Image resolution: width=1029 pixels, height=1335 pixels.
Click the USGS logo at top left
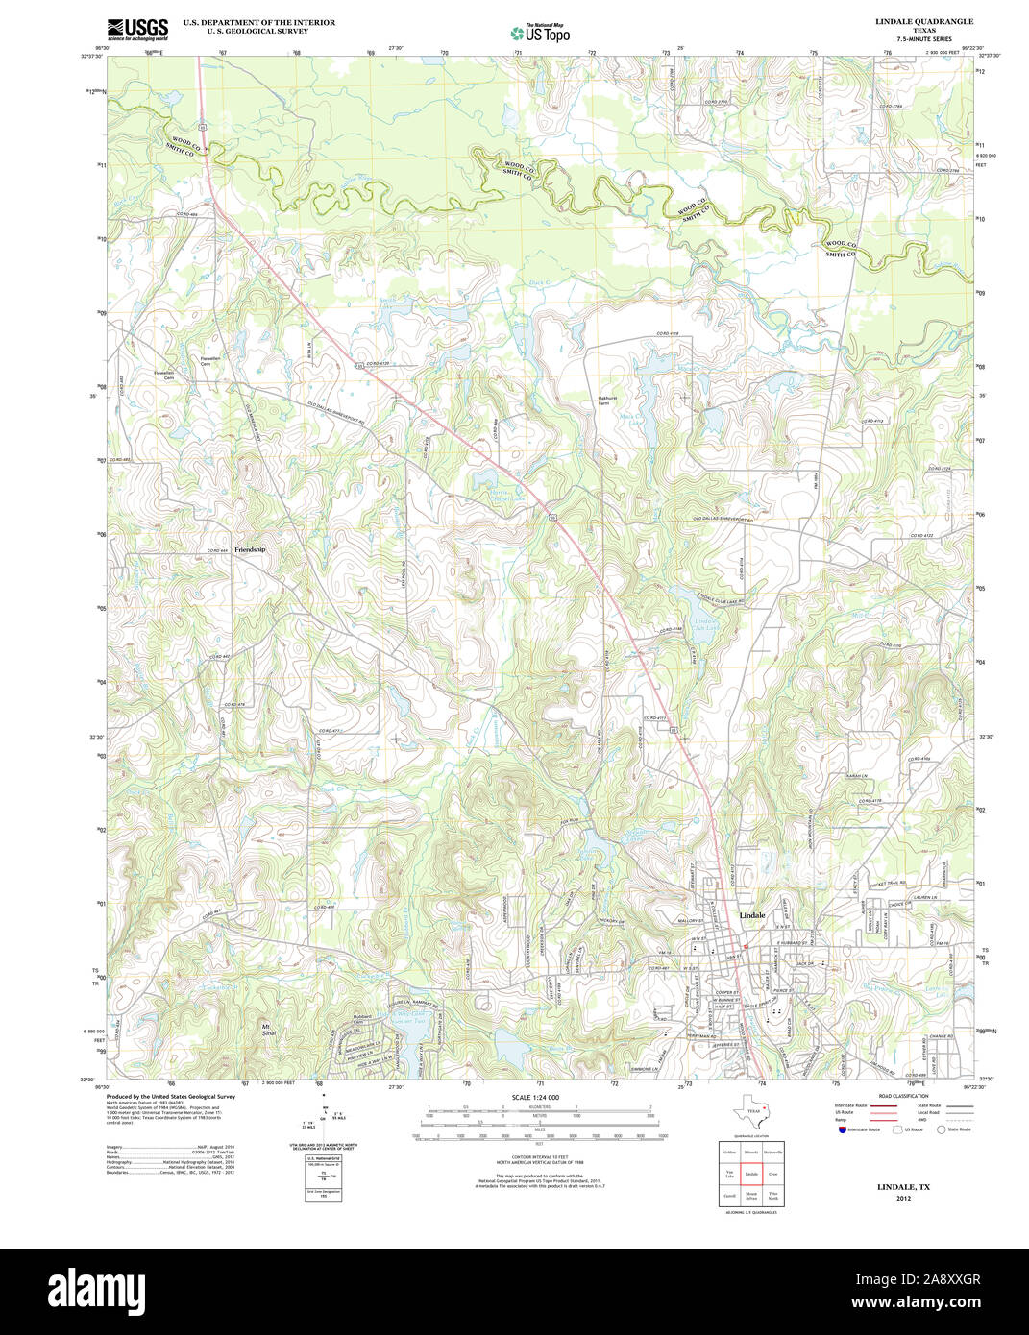[x=137, y=29]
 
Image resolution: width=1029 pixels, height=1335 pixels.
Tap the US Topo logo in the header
[x=540, y=32]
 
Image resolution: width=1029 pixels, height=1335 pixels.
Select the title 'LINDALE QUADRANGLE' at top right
[x=923, y=21]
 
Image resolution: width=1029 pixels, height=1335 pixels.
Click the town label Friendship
[x=249, y=549]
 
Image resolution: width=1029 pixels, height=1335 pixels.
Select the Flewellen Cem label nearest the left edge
[x=169, y=375]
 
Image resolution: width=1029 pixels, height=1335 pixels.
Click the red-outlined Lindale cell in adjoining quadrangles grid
[x=750, y=1174]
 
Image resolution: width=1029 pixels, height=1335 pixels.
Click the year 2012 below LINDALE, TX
[x=903, y=1199]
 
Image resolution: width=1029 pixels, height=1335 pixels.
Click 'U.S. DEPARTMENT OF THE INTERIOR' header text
[x=259, y=22]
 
